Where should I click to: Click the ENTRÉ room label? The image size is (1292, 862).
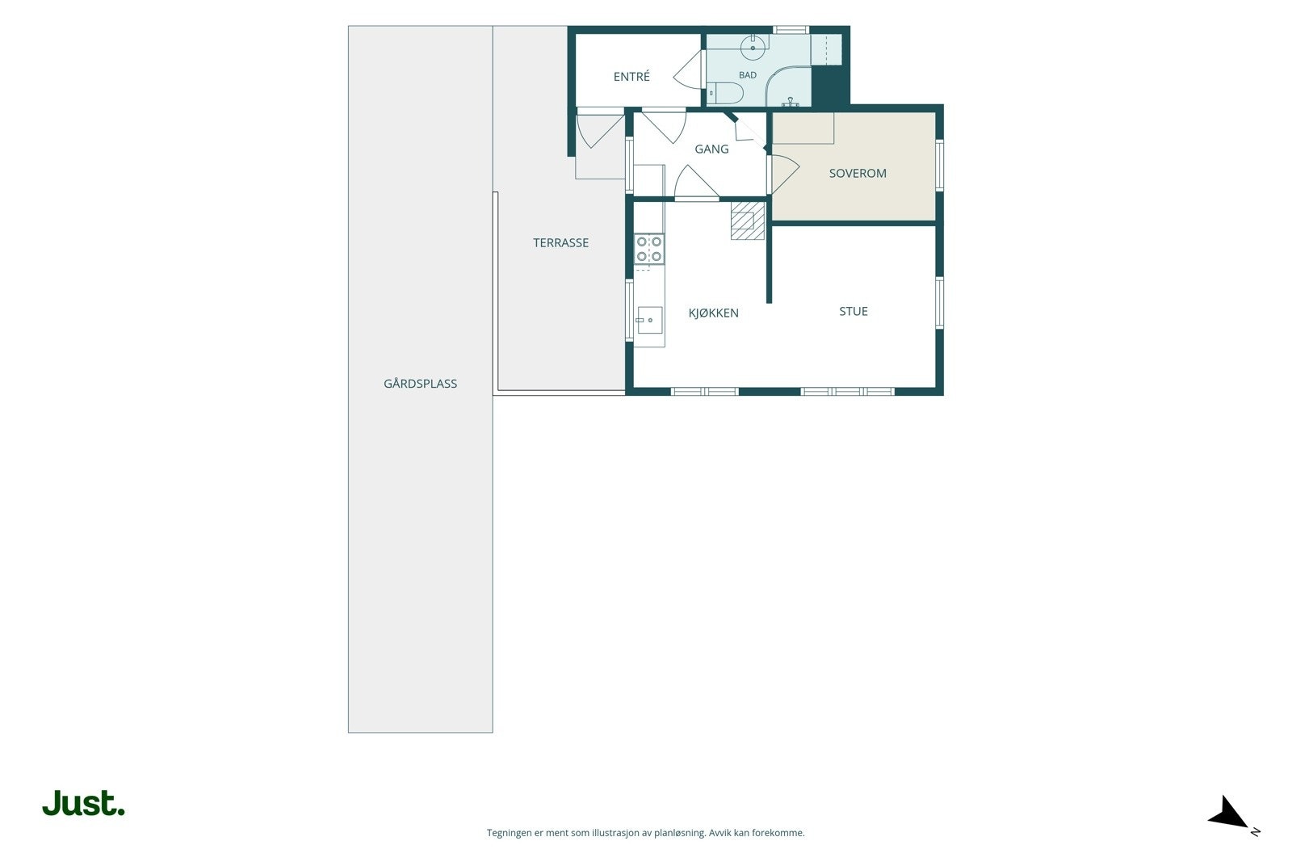click(631, 76)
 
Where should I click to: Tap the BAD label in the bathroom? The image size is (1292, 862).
click(748, 75)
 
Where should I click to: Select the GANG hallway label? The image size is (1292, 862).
click(711, 149)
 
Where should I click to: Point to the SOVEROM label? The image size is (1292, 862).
click(858, 173)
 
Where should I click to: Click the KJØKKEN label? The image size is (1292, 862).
click(714, 313)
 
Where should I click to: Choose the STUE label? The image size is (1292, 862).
click(854, 312)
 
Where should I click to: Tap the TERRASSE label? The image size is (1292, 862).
click(560, 243)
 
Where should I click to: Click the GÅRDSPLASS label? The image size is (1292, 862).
click(421, 383)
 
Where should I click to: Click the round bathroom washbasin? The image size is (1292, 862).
click(753, 48)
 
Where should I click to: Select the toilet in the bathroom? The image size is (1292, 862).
click(725, 93)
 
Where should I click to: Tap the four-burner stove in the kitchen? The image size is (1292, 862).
click(649, 249)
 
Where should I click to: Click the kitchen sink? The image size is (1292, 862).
click(649, 320)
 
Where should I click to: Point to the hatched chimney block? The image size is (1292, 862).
click(748, 221)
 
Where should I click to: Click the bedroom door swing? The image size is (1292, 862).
click(785, 174)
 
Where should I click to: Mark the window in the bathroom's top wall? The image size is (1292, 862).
click(791, 29)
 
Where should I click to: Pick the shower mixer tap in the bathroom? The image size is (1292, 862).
click(791, 102)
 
